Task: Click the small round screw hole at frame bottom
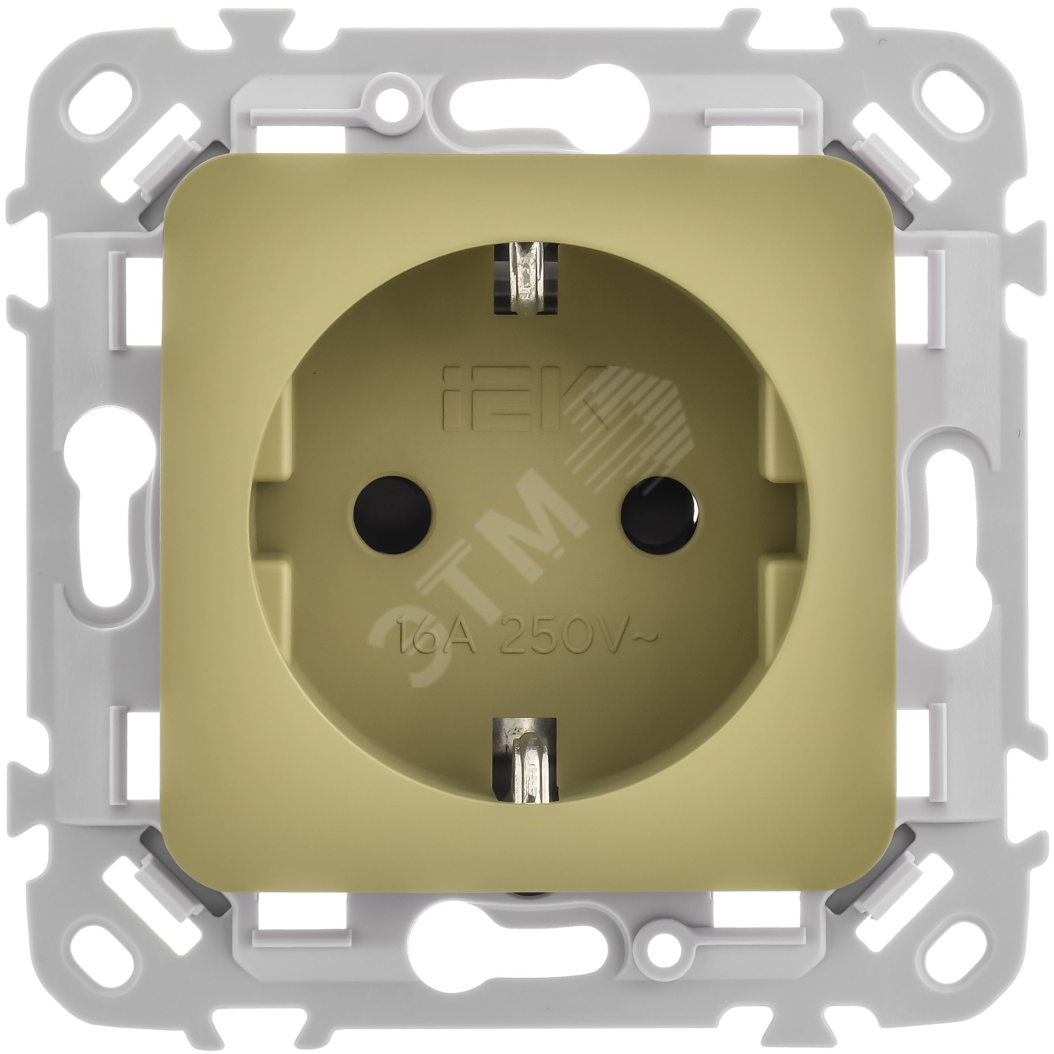coord(662,954)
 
